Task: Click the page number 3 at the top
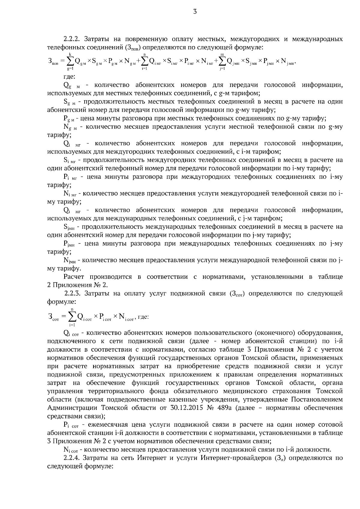pyautogui.click(x=195, y=12)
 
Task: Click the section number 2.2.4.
pyautogui.click(x=72, y=458)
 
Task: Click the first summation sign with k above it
pyautogui.click(x=70, y=61)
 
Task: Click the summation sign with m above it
pyautogui.click(x=223, y=61)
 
